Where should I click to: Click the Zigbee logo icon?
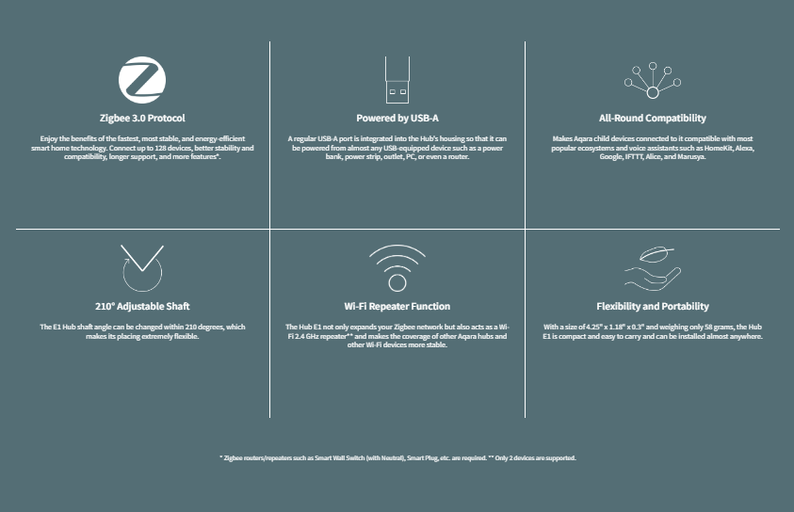click(x=142, y=80)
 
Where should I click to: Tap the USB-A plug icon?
click(x=397, y=79)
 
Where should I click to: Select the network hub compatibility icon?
click(x=653, y=80)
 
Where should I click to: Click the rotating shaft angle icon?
click(x=142, y=268)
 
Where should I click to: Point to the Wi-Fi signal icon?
click(x=397, y=268)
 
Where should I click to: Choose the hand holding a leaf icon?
click(x=653, y=268)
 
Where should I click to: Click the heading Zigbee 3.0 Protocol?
click(x=142, y=118)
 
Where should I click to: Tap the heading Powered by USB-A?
click(x=397, y=118)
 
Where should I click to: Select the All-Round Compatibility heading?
click(x=653, y=118)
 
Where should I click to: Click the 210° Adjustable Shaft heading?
click(x=142, y=306)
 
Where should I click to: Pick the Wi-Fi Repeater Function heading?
click(x=397, y=306)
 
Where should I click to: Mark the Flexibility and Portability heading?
click(x=653, y=306)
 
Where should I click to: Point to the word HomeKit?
click(x=718, y=148)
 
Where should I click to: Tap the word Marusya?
click(x=690, y=157)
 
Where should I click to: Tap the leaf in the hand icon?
click(x=656, y=253)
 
